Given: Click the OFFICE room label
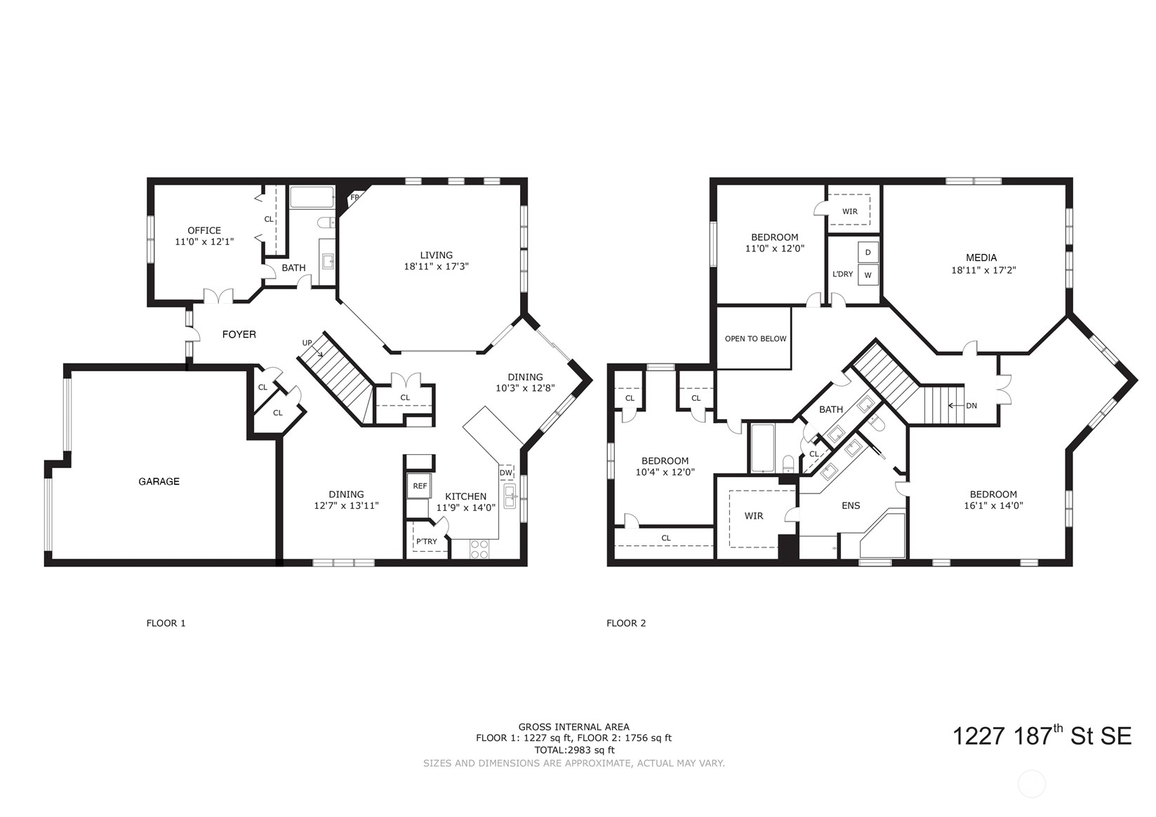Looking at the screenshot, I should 204,230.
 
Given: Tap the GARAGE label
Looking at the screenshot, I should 159,481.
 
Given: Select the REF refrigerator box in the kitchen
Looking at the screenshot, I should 420,486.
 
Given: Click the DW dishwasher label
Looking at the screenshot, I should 506,473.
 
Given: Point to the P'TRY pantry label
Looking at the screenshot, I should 426,541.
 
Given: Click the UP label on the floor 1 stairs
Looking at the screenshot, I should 307,343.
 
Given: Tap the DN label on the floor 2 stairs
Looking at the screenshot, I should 971,406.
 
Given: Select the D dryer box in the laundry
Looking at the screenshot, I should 868,253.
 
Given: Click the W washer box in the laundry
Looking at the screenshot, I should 868,275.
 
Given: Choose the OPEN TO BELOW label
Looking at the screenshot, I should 755,338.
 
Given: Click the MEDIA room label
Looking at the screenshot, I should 981,258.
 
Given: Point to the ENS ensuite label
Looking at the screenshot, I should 851,505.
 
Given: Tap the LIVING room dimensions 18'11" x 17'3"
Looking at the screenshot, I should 436,267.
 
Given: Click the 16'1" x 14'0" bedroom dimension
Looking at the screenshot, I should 993,505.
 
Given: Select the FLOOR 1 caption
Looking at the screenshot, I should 166,623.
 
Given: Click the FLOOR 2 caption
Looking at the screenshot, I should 626,623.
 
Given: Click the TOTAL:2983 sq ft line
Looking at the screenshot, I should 573,750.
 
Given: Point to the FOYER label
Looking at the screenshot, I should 239,335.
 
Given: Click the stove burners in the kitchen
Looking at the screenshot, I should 479,549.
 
